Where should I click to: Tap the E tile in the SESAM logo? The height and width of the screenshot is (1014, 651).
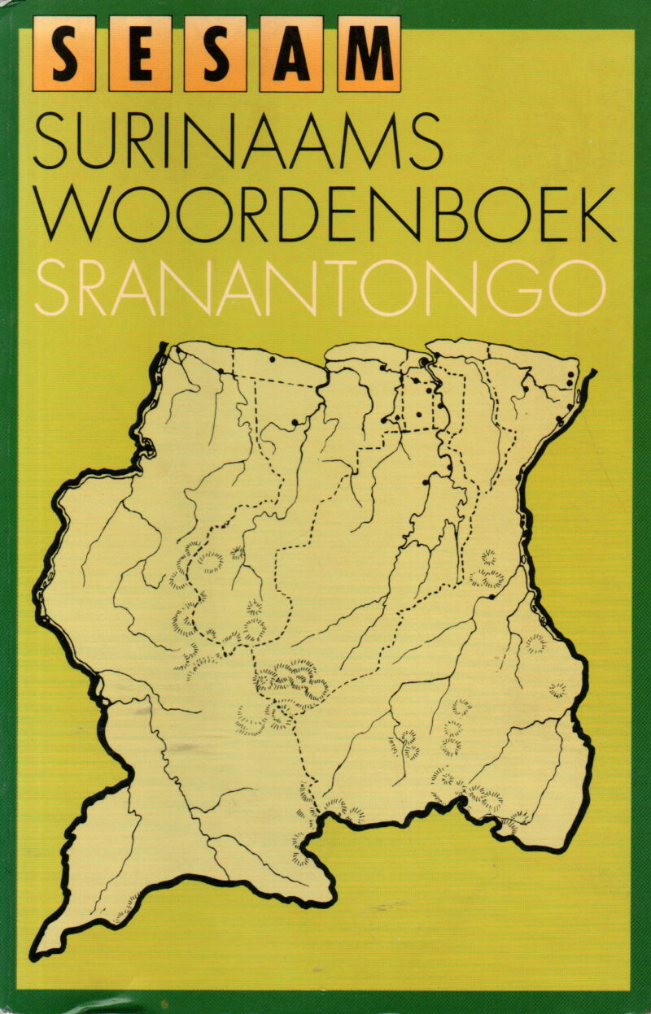point(140,54)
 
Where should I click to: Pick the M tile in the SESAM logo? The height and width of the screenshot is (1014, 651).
point(369,54)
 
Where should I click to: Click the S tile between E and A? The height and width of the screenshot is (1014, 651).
point(216,54)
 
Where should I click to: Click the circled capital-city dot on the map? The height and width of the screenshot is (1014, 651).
point(424,362)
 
